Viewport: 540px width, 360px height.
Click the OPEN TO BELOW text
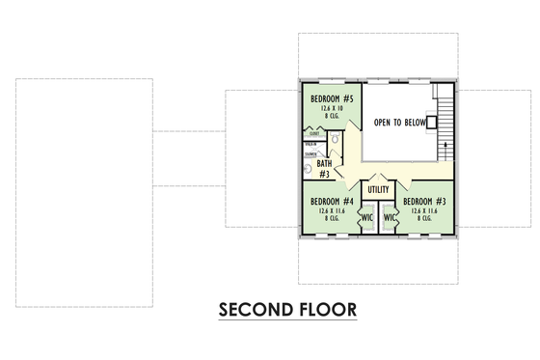pos(398,124)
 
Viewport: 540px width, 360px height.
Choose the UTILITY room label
pos(378,189)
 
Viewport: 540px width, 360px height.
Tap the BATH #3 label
pos(325,169)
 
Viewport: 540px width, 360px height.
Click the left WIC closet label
pos(366,217)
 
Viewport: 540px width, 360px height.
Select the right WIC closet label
pos(391,217)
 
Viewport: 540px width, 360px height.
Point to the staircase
pos(445,121)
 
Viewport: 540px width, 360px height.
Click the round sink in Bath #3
pos(308,168)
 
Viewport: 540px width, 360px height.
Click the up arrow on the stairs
pos(445,145)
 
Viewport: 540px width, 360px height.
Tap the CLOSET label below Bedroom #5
pos(314,134)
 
